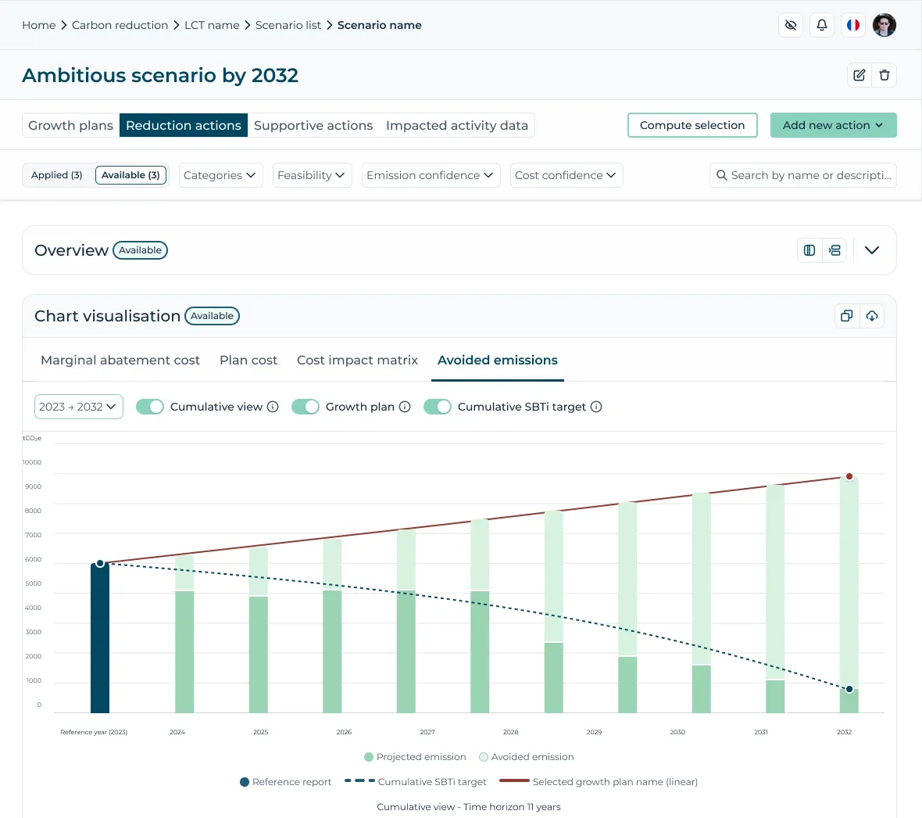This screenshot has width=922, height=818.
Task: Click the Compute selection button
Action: (x=692, y=125)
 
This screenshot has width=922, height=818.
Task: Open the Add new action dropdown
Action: (x=833, y=125)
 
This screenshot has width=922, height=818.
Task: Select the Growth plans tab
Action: (x=70, y=125)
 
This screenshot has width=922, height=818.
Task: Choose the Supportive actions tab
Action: (x=313, y=125)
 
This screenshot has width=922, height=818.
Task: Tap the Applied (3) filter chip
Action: (x=56, y=175)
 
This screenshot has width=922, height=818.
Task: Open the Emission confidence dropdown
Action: (x=431, y=175)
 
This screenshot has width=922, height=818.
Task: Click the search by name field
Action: (x=802, y=175)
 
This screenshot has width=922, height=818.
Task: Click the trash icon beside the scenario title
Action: (x=884, y=75)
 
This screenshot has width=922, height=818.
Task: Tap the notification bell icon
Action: (x=821, y=25)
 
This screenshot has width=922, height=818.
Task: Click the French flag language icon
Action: (x=852, y=25)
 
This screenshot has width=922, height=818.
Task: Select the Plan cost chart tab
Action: (x=248, y=361)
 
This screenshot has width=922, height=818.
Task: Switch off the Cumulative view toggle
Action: (x=149, y=407)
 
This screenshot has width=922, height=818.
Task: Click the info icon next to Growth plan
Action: (x=405, y=407)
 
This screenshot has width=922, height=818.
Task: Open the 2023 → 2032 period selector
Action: (x=79, y=407)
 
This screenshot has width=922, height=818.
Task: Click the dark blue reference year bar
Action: (x=100, y=638)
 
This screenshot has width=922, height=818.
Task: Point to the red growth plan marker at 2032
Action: (x=849, y=476)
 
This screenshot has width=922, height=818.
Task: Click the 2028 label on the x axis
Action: (x=510, y=732)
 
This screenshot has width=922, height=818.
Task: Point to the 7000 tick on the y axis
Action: (x=33, y=535)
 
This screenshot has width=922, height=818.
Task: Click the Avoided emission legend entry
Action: (x=527, y=757)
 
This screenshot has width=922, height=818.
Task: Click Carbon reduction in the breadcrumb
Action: (x=120, y=25)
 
